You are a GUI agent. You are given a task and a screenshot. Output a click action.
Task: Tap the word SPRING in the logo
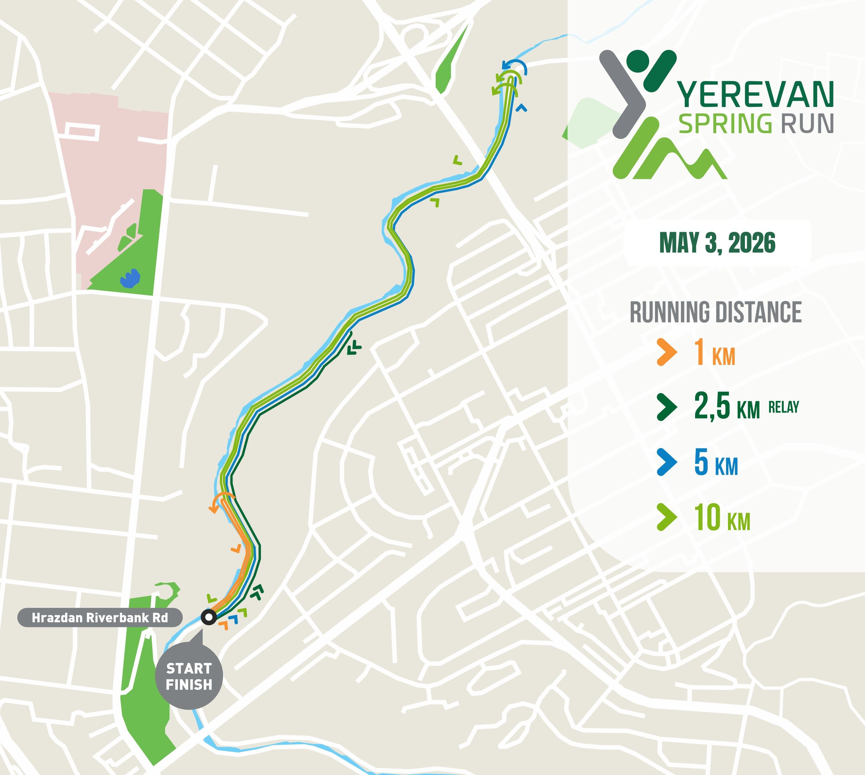[x=725, y=124]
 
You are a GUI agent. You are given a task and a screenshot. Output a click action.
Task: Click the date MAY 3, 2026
[x=717, y=243]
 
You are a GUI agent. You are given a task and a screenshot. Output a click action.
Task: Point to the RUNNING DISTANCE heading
[x=716, y=312]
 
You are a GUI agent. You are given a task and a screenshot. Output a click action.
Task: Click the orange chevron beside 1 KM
[x=666, y=352]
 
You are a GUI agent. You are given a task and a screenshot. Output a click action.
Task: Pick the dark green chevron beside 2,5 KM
[x=666, y=407]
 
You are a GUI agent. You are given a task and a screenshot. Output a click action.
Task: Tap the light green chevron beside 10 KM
[x=666, y=517]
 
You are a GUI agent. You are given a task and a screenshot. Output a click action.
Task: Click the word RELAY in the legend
[x=784, y=407]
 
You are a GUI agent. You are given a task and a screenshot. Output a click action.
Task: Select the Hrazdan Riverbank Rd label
[x=100, y=618]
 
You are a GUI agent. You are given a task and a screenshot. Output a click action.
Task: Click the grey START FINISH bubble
[x=189, y=676]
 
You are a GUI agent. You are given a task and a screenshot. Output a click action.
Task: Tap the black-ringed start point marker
[x=208, y=617]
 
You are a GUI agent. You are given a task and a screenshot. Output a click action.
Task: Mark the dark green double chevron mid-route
[x=354, y=349]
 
